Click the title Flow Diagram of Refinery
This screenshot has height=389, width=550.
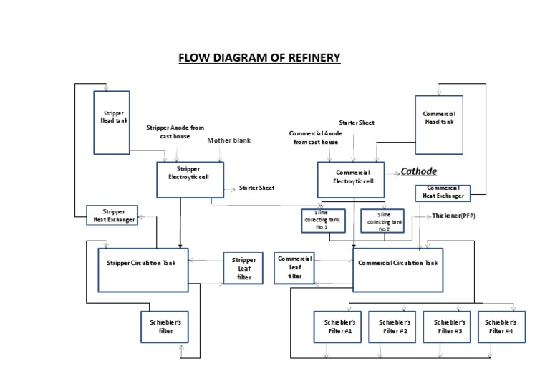pos(259,58)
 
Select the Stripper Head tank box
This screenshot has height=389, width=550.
pos(112,121)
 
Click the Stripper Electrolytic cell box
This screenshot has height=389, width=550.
pos(190,178)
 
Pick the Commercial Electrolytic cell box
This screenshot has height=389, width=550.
pos(352,178)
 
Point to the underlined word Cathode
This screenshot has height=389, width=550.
pos(419,171)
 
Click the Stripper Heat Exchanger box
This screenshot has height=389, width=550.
pos(112,215)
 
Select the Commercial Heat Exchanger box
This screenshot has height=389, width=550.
pos(443,193)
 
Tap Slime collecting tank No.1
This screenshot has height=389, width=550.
pos(324,220)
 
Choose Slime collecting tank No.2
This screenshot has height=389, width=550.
pos(383,221)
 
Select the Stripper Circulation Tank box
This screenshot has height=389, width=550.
pos(143,269)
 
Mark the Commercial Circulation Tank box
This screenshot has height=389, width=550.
pos(398,269)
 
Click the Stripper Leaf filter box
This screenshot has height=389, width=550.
pos(244,268)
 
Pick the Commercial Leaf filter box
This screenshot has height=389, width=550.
pos(295,267)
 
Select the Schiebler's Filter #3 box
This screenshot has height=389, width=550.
pos(448,327)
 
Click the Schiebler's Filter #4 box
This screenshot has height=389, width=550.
pos(501,327)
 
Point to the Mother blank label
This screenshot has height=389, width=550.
pos(228,140)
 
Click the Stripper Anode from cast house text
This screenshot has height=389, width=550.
pos(175,131)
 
